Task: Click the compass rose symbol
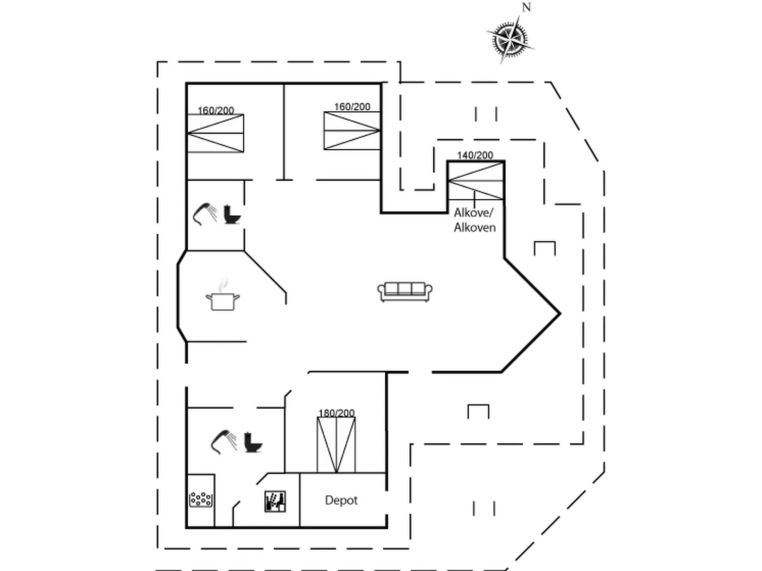(510, 38)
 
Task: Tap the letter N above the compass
(526, 8)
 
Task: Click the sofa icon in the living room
(405, 291)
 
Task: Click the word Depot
(341, 500)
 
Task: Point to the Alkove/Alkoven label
(474, 220)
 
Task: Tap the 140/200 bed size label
(475, 155)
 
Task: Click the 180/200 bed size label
(336, 413)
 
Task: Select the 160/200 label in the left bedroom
(215, 110)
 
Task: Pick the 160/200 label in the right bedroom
(352, 107)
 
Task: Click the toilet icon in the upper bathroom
(232, 214)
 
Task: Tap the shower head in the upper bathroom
(204, 213)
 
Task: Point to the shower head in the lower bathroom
(223, 441)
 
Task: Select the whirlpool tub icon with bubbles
(201, 499)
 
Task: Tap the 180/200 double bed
(336, 444)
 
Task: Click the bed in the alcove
(475, 181)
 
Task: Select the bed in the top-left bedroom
(216, 134)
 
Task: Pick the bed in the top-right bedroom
(352, 131)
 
